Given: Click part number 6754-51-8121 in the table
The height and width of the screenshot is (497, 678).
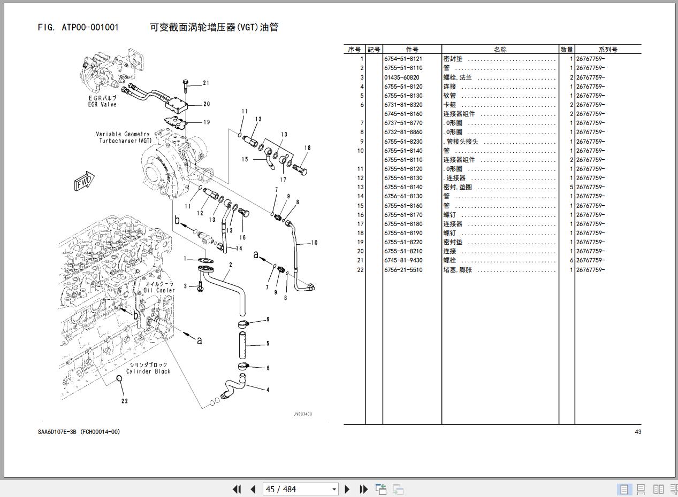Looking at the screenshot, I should tap(403, 59).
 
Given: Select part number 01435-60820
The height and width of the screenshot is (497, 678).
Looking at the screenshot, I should tap(401, 77).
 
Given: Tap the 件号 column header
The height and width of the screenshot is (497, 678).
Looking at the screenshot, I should tap(412, 50).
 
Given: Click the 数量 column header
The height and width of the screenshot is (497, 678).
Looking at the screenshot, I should tap(567, 50).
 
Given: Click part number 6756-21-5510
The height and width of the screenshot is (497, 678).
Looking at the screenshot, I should tap(403, 270).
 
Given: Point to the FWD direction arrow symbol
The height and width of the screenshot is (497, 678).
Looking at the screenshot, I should tap(84, 181).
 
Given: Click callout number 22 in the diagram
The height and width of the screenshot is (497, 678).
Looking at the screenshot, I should tap(125, 401).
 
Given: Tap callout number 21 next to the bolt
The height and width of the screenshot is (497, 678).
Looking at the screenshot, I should tap(206, 83).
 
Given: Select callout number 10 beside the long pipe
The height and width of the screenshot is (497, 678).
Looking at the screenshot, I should tap(314, 243).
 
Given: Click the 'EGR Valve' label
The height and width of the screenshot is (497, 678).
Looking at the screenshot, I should tap(102, 105).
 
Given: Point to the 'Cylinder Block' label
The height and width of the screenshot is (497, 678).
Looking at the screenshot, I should tap(148, 371).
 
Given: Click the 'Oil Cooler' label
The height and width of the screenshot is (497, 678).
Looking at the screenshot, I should tap(159, 290).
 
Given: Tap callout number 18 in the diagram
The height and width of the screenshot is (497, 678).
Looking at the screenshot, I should tap(307, 148).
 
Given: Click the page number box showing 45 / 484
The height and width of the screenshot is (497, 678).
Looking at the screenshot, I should tap(300, 489).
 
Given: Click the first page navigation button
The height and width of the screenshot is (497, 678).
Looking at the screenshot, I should tap(237, 489).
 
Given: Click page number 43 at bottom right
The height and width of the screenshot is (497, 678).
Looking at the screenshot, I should tap(637, 432).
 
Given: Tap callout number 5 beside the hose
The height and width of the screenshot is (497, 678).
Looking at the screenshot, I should tap(268, 344).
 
